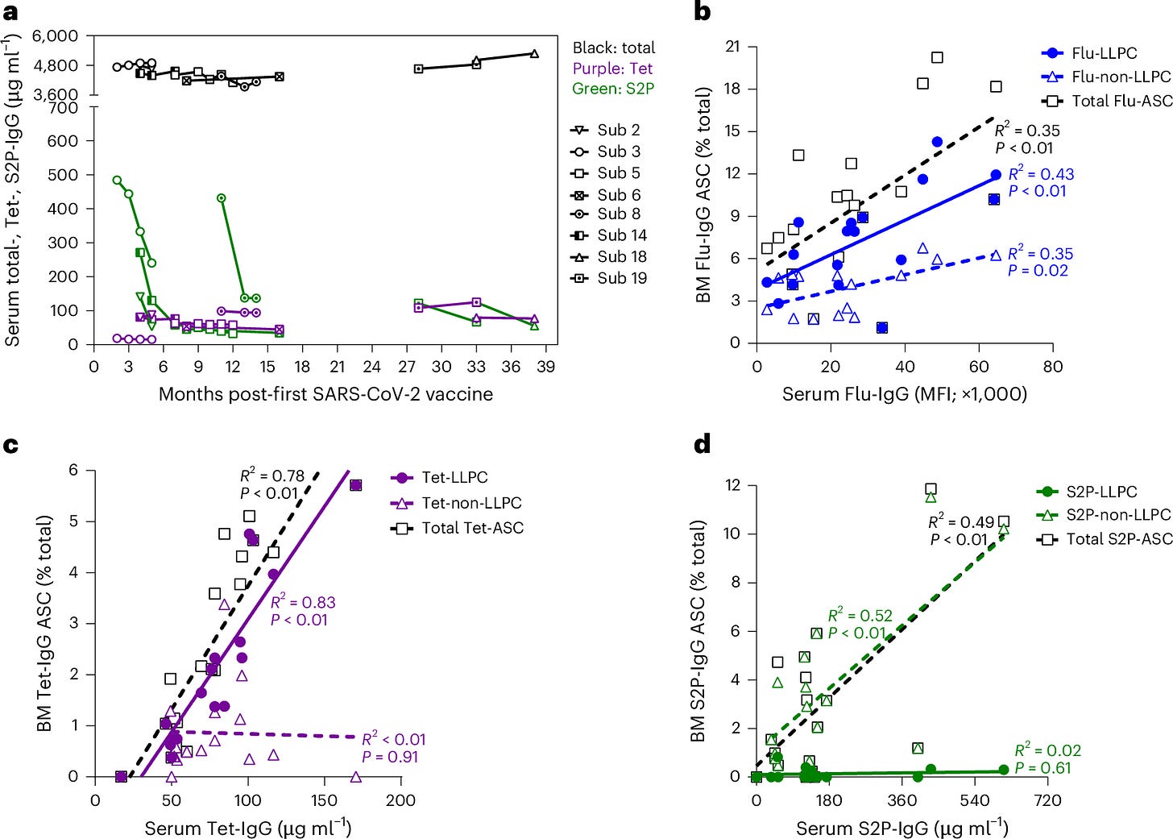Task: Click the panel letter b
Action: (702, 11)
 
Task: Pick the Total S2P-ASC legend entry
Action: (1104, 538)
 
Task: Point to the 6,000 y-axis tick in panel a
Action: (55, 36)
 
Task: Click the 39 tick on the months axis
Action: (546, 367)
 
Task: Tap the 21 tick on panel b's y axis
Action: (732, 47)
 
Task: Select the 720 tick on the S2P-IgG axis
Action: (1047, 800)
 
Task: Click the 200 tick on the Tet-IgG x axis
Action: (400, 800)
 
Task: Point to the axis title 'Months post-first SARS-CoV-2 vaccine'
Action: (325, 394)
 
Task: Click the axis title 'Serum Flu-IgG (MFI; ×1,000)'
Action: (905, 394)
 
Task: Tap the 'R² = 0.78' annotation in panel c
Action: (272, 476)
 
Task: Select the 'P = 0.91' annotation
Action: (390, 757)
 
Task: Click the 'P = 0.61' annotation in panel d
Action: (1043, 768)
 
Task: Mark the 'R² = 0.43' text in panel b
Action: (1041, 174)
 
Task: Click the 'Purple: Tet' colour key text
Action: (612, 69)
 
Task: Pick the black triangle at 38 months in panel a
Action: (534, 54)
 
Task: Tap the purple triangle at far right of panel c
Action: (356, 777)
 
